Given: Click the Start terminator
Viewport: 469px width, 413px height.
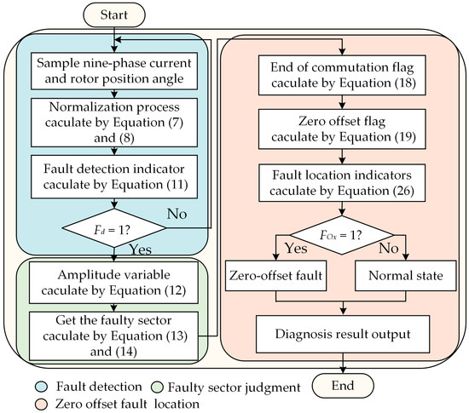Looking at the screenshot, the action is click(x=114, y=15).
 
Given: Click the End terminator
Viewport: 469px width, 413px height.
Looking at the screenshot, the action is click(x=343, y=386).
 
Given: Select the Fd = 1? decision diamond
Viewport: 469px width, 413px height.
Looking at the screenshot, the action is click(x=114, y=228).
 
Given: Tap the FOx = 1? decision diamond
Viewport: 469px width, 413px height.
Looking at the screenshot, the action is click(x=342, y=235).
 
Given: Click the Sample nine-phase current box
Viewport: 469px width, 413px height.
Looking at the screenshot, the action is click(x=114, y=71).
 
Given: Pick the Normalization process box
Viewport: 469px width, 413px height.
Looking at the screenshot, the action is click(x=114, y=123).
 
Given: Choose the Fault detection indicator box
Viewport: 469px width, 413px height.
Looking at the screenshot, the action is click(x=114, y=176).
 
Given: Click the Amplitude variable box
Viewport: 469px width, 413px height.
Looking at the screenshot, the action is click(x=113, y=283).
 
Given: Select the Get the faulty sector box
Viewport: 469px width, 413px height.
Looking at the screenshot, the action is click(x=113, y=336).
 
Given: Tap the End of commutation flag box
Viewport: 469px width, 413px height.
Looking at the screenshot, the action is click(x=342, y=75).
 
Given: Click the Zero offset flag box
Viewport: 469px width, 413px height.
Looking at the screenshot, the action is click(x=342, y=129).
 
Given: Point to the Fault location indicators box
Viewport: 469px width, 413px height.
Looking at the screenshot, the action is click(x=342, y=183).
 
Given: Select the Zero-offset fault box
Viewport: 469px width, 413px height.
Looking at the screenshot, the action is click(x=275, y=276).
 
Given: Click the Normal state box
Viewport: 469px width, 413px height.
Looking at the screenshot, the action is click(x=406, y=276).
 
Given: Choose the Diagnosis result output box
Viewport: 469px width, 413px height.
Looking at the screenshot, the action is click(x=343, y=334).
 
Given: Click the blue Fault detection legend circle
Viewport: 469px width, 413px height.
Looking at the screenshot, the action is click(x=41, y=387).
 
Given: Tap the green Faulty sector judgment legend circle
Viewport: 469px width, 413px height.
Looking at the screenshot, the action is click(x=157, y=387).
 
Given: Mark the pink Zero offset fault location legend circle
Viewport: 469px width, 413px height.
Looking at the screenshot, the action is click(x=41, y=404).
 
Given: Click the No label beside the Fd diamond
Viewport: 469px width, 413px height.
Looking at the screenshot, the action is click(x=177, y=214).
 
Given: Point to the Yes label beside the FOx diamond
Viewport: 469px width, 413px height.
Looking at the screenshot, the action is click(x=296, y=248).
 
